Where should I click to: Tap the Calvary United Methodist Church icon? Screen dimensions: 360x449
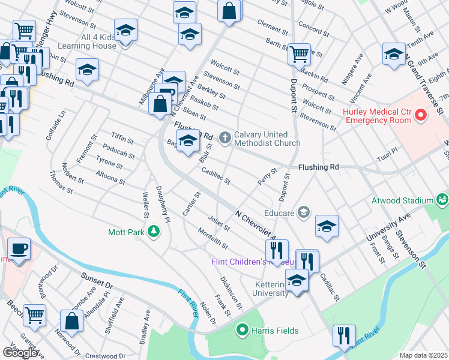click(225, 139)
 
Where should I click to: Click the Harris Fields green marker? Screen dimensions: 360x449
click(243, 329)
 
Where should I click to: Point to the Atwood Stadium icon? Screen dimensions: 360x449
click(442, 199)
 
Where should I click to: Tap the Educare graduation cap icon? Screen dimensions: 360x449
click(304, 212)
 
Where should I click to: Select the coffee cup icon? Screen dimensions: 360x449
click(19, 249)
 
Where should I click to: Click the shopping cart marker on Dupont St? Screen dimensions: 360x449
click(299, 55)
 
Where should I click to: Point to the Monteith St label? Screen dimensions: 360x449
click(212, 237)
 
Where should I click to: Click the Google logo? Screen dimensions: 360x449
click(20, 352)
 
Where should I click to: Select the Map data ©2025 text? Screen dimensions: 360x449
click(423, 355)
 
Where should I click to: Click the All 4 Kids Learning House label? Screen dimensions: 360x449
click(90, 41)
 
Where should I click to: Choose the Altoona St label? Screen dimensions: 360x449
click(110, 177)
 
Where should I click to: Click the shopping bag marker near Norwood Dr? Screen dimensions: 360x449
click(72, 320)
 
